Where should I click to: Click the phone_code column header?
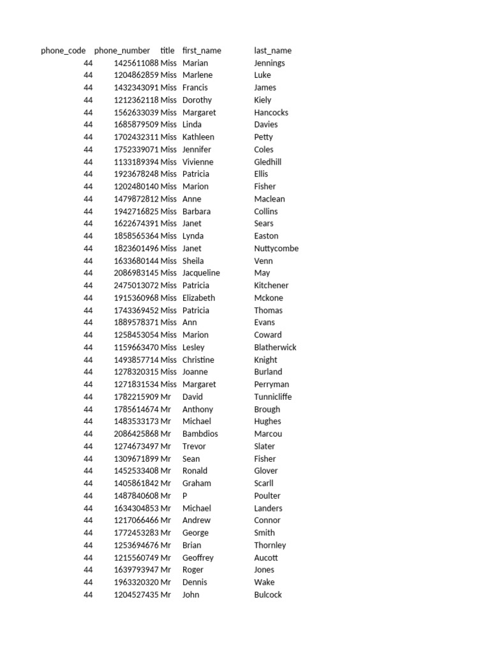point(63,50)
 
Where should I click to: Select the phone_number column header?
point(122,50)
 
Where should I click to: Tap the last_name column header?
point(272,50)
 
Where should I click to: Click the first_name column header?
point(202,50)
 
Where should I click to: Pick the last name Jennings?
point(269,63)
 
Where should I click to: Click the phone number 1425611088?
point(136,63)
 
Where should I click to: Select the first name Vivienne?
point(198,162)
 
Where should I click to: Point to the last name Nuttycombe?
point(276,249)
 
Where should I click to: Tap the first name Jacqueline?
point(201,273)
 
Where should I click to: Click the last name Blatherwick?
point(275,348)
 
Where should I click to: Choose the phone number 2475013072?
point(136,286)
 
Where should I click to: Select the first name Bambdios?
point(200,434)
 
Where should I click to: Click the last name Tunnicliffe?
point(273,397)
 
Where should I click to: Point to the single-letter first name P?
point(185,495)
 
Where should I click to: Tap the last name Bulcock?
point(268,595)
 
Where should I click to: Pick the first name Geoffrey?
point(198,557)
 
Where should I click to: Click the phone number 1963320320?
point(136,582)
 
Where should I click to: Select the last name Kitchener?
point(271,286)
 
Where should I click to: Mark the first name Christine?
point(198,360)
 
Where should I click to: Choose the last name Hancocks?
point(271,112)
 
